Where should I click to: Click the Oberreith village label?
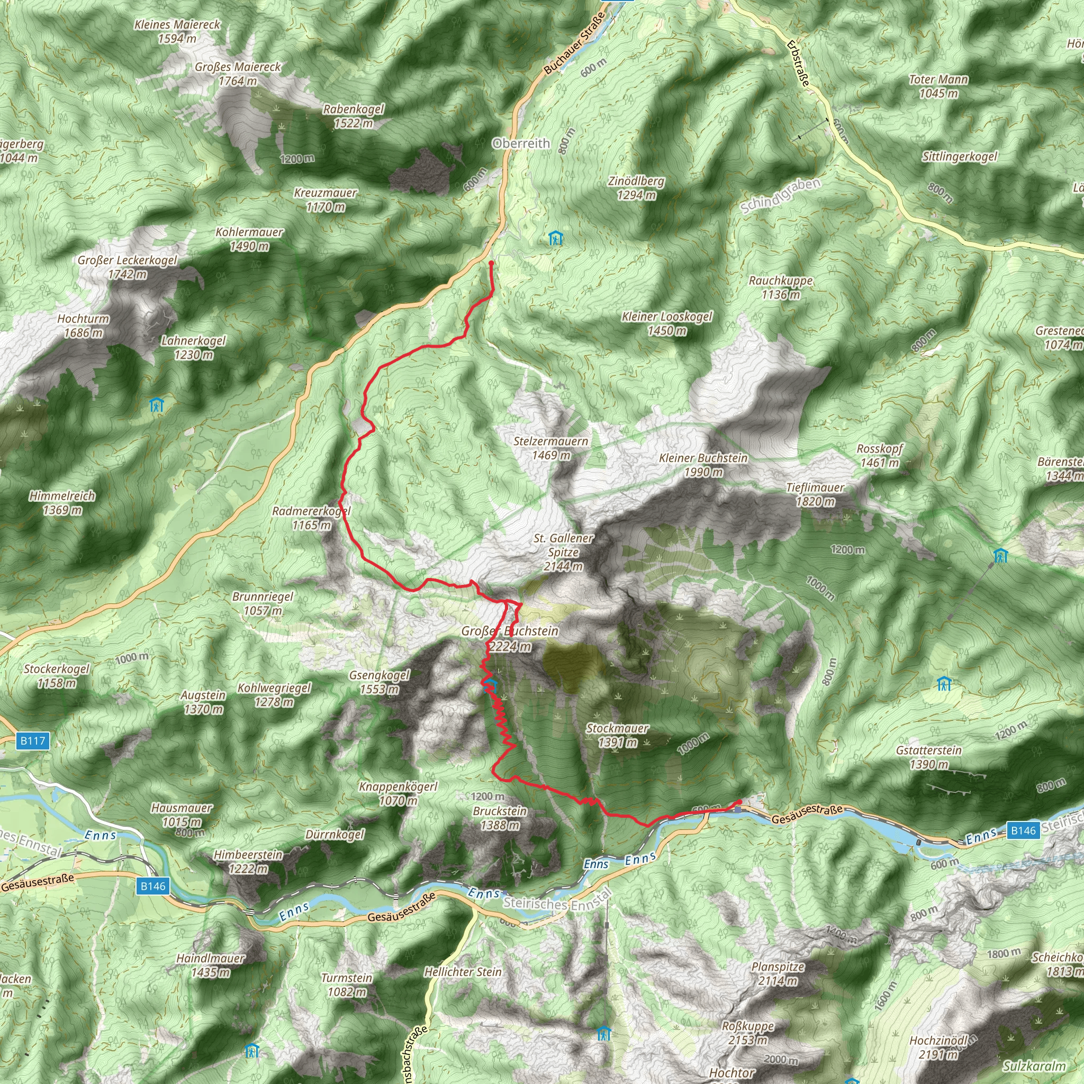(x=521, y=143)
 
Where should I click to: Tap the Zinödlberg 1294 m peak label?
(x=636, y=188)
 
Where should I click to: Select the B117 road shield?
(x=32, y=740)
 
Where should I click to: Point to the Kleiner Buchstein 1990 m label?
(x=703, y=465)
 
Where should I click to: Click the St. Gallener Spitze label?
(x=563, y=552)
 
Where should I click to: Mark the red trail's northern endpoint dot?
(x=491, y=263)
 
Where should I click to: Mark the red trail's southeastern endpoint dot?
(x=739, y=802)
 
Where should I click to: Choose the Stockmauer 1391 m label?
(x=617, y=735)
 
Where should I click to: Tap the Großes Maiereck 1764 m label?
(x=238, y=74)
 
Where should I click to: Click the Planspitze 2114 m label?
(x=778, y=973)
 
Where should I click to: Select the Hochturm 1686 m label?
(x=83, y=326)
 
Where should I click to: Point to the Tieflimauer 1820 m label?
(x=815, y=494)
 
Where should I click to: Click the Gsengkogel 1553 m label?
(x=380, y=682)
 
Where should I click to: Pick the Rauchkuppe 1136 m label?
(x=781, y=287)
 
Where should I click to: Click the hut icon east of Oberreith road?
(x=555, y=239)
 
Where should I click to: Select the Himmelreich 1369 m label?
(x=62, y=503)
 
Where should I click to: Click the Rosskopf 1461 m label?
(x=879, y=456)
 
